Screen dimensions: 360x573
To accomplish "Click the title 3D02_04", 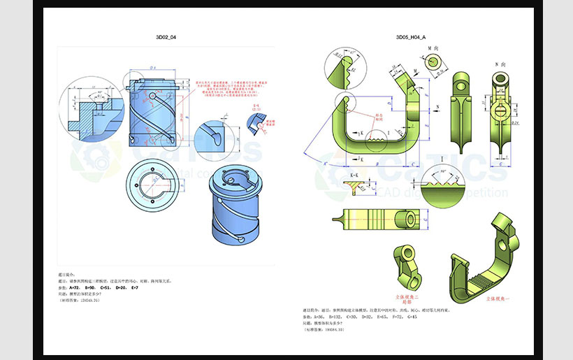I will (x=166, y=36).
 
